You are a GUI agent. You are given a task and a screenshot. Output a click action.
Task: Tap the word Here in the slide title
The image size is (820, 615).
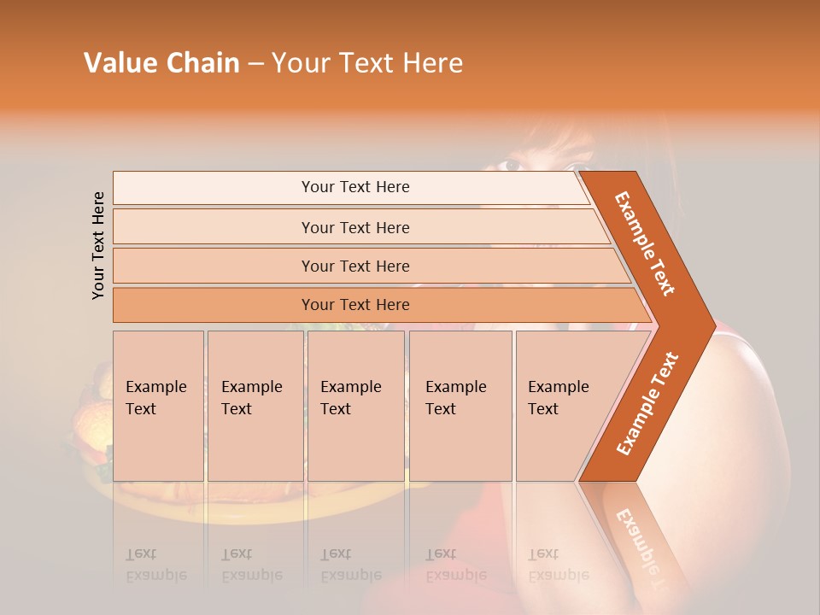(432, 63)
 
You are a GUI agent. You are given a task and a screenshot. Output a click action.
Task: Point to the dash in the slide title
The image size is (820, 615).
(255, 64)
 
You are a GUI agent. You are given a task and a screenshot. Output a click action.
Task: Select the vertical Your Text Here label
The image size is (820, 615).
(98, 245)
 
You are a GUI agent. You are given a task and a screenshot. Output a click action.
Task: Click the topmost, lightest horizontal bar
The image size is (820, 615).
(354, 187)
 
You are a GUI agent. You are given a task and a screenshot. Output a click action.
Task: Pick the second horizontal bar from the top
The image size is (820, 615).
(354, 227)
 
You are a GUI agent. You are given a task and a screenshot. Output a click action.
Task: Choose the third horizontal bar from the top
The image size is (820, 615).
(354, 266)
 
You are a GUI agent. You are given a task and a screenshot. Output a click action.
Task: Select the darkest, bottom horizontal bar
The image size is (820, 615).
(354, 305)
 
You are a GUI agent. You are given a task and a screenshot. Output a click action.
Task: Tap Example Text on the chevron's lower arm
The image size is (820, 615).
(647, 403)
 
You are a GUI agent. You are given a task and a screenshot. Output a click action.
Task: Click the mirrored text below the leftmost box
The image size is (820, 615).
(155, 565)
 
